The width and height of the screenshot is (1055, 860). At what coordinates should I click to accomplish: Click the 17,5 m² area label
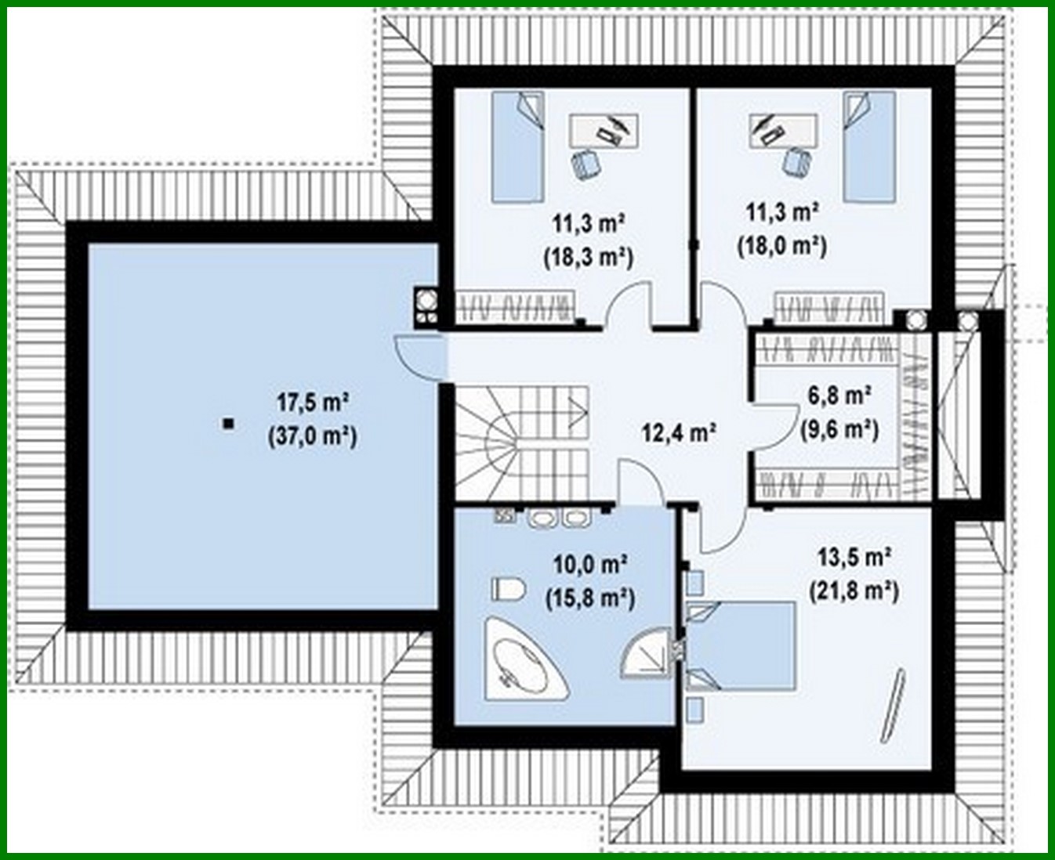(x=314, y=403)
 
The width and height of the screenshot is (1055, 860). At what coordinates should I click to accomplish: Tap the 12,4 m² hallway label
(x=679, y=432)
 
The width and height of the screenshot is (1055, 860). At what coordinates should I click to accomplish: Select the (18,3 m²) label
(x=589, y=258)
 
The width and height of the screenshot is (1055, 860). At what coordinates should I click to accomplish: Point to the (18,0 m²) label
(x=782, y=247)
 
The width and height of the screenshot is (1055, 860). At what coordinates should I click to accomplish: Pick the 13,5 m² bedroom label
(x=854, y=558)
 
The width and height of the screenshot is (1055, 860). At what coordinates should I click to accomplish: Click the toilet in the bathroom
(x=508, y=589)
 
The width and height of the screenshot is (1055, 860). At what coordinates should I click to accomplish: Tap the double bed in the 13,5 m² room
(x=741, y=646)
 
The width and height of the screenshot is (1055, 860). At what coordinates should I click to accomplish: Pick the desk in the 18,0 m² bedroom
(x=784, y=131)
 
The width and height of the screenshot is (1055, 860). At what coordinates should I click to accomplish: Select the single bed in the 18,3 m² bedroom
(x=518, y=146)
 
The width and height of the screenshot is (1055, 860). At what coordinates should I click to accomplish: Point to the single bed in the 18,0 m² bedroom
(x=869, y=146)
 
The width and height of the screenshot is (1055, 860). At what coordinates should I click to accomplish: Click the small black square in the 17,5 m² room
(x=229, y=424)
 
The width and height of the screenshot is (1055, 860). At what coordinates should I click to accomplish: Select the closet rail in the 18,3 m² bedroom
(x=515, y=306)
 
